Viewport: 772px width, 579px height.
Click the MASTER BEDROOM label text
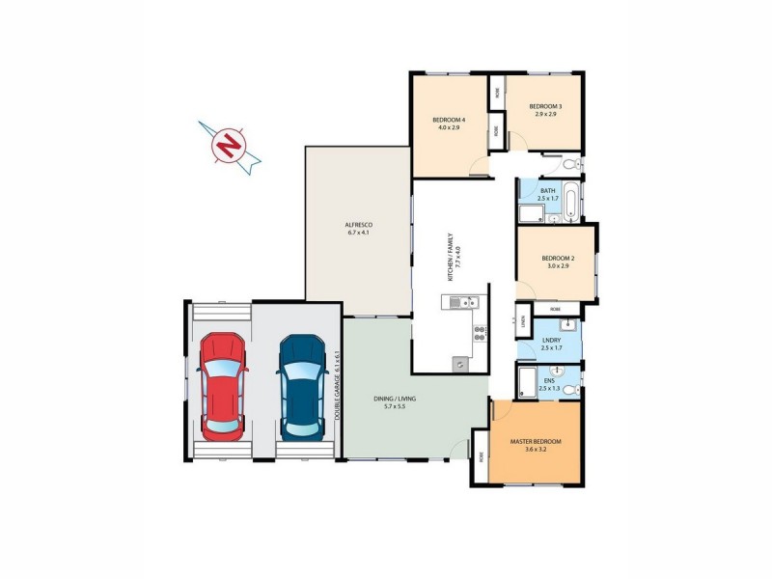pyautogui.click(x=536, y=441)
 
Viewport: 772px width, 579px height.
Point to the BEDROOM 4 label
pyautogui.click(x=449, y=120)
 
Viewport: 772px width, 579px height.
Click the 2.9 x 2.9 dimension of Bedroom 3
pyautogui.click(x=546, y=114)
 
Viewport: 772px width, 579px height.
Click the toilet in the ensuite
pyautogui.click(x=570, y=388)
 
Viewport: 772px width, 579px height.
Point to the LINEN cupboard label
pyautogui.click(x=522, y=319)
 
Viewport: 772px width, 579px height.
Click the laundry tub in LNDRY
pyautogui.click(x=569, y=322)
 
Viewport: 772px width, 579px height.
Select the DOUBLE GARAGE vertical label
pyautogui.click(x=339, y=382)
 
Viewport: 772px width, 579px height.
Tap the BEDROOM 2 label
pyautogui.click(x=558, y=258)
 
